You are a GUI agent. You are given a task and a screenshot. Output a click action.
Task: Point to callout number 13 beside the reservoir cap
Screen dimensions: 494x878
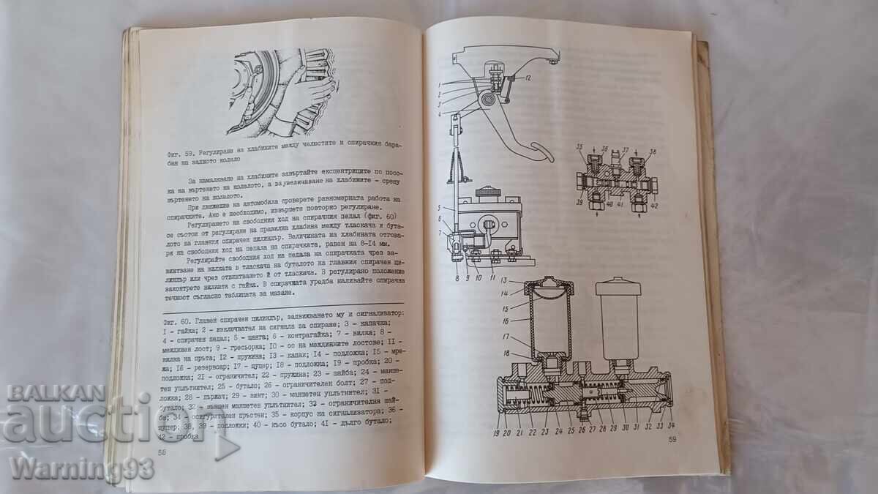coord(504,282)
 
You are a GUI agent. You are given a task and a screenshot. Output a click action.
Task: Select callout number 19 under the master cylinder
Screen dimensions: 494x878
coord(498,430)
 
